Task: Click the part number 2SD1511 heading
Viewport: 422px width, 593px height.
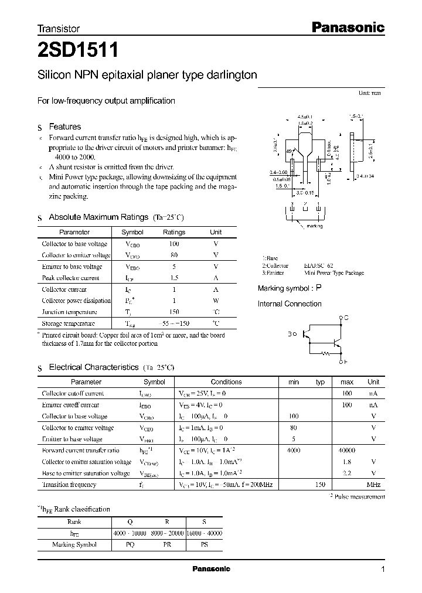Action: [x=79, y=52]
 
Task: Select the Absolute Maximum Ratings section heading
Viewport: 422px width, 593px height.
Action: [x=98, y=217]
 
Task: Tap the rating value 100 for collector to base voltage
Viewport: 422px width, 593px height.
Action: [x=173, y=243]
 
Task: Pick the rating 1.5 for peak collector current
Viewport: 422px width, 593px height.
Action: [x=173, y=278]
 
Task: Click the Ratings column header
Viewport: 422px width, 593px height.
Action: [x=173, y=232]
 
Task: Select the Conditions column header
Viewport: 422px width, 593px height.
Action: [x=226, y=381]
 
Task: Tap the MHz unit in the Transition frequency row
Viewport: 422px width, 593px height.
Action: [x=373, y=485]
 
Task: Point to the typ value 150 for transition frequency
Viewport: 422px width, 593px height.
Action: [x=320, y=485]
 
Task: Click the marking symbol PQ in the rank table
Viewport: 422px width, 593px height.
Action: [x=130, y=545]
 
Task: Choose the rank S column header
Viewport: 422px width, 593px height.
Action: [x=203, y=522]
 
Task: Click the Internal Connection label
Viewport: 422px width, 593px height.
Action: [x=290, y=304]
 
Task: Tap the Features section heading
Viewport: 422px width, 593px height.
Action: [x=64, y=127]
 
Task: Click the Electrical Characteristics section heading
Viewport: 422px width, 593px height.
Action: [x=93, y=367]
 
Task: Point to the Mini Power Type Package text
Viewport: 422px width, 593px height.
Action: [x=333, y=273]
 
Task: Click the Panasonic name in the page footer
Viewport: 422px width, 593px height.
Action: [x=211, y=569]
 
